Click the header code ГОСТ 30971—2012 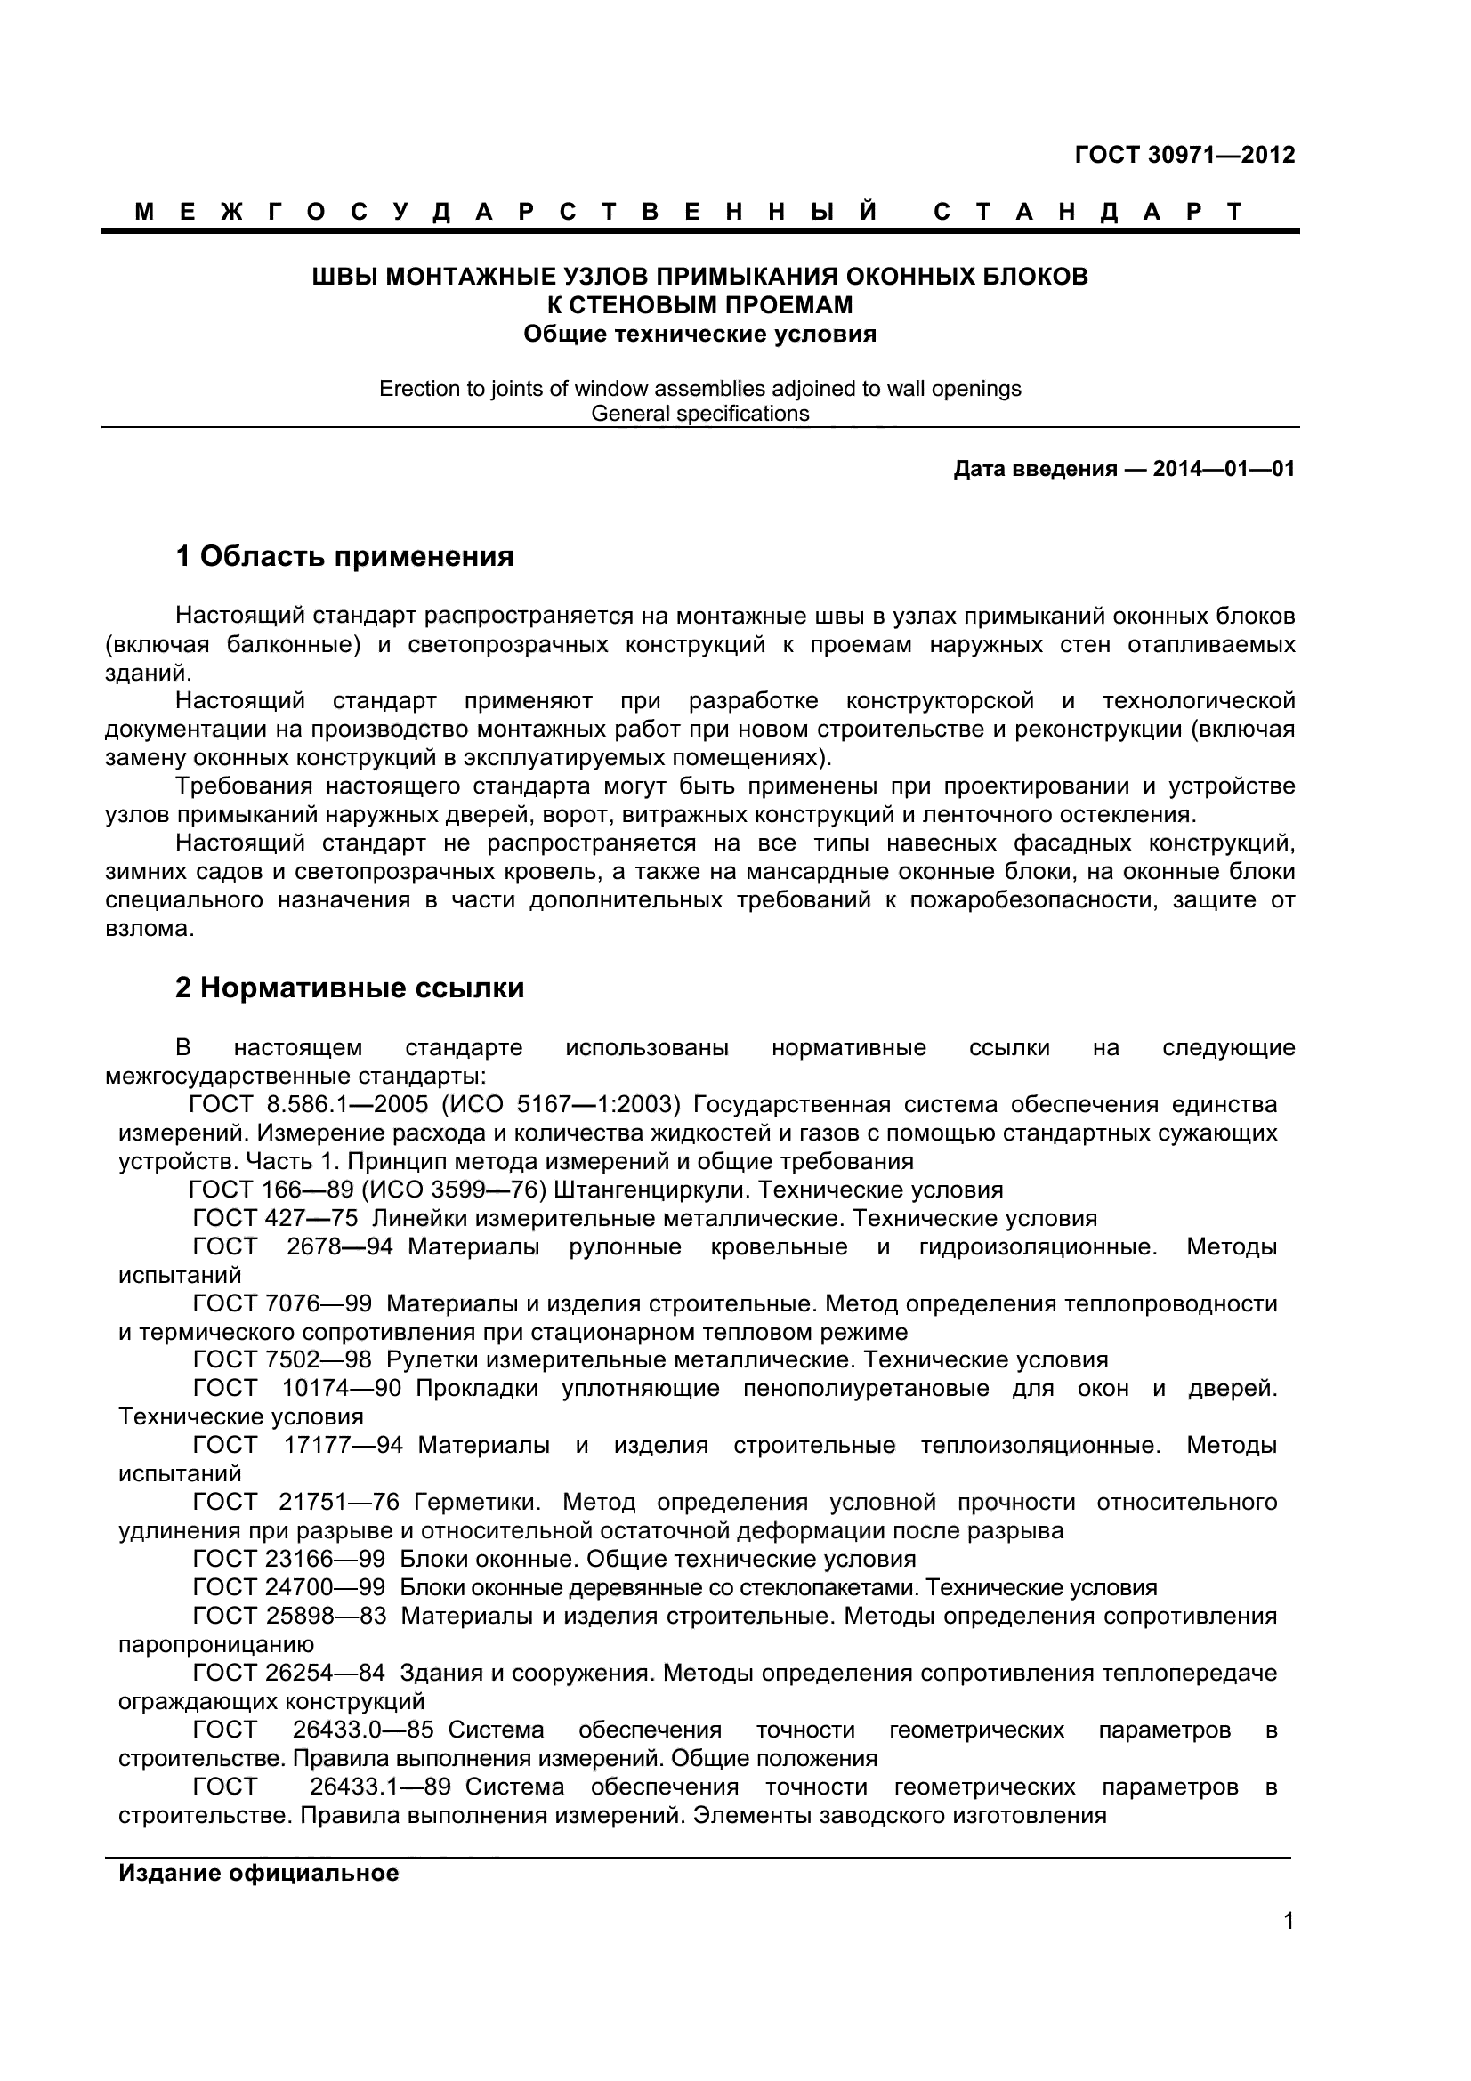pos(1184,155)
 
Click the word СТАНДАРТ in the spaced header pos(1087,212)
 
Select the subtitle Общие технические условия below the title pos(699,335)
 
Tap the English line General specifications pos(699,415)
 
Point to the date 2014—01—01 pos(1223,470)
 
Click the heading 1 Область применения pos(344,556)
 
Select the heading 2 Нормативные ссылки pos(350,988)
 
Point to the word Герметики pos(477,1503)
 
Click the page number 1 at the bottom pos(1289,1947)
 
